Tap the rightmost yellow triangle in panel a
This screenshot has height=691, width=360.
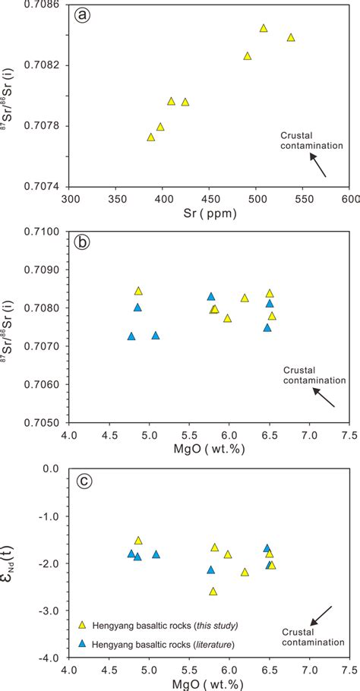click(x=291, y=37)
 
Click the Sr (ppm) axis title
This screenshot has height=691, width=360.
click(x=210, y=213)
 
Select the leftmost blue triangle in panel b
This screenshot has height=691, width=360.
click(x=131, y=336)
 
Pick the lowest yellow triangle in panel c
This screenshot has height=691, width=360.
click(x=213, y=591)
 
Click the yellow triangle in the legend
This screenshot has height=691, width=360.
click(x=83, y=625)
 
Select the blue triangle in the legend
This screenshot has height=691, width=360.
click(x=83, y=643)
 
